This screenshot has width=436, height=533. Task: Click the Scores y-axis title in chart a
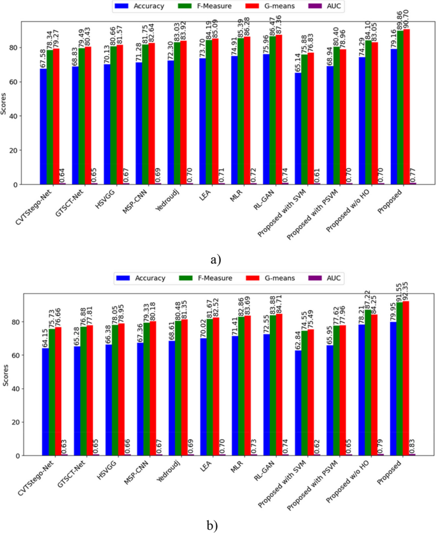5,102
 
